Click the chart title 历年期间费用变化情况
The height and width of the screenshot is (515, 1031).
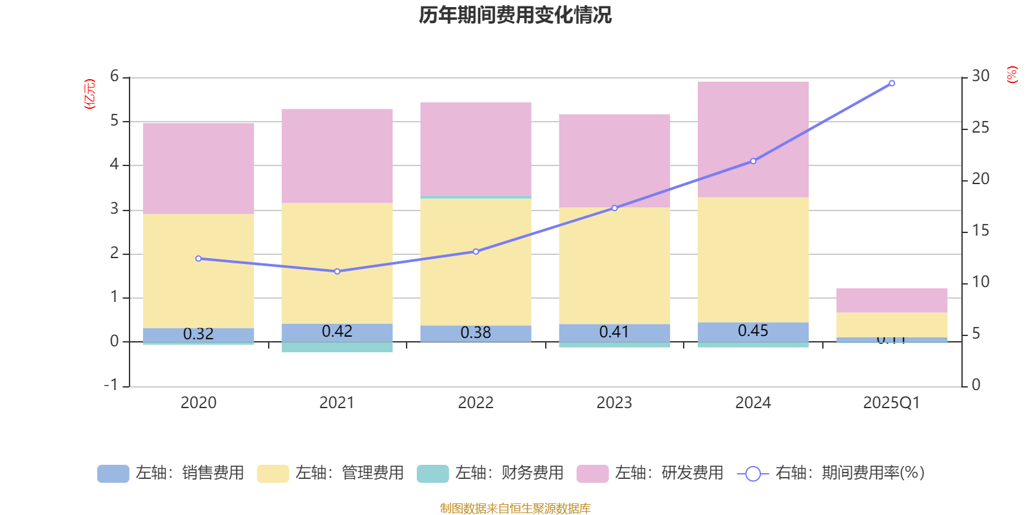click(515, 15)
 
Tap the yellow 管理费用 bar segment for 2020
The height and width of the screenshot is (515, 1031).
click(198, 270)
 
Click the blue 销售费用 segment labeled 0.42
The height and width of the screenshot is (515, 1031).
click(337, 332)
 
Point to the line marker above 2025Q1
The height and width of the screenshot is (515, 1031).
click(892, 83)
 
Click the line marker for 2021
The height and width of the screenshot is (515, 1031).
click(337, 272)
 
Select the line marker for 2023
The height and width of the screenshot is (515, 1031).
click(614, 208)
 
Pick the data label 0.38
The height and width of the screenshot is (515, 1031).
click(476, 333)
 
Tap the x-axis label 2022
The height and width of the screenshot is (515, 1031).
click(476, 403)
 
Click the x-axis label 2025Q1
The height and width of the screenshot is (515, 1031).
click(891, 403)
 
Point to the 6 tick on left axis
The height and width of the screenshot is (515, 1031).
click(115, 77)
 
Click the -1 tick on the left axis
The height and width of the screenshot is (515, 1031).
click(111, 385)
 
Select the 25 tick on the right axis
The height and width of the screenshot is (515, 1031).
click(980, 127)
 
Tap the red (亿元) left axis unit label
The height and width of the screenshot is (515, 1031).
click(90, 94)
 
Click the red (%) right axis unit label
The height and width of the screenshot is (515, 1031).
click(1012, 75)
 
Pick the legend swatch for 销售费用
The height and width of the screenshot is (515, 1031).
click(113, 474)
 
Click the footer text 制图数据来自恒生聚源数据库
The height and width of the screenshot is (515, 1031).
click(515, 509)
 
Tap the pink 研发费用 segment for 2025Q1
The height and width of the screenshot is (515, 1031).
click(892, 300)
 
